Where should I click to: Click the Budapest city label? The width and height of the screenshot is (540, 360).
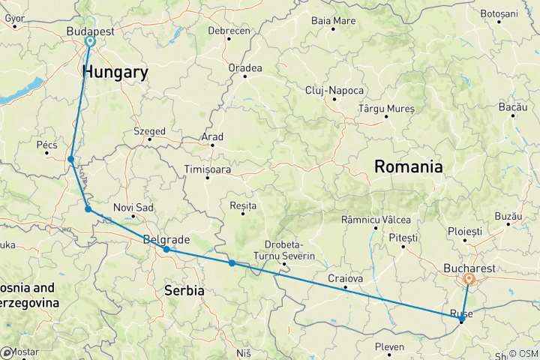tap(90, 31)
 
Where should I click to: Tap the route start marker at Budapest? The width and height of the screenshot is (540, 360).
tap(90, 42)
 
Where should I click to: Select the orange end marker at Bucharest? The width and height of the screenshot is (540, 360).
tap(469, 280)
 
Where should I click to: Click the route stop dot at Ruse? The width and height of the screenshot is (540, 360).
tap(461, 320)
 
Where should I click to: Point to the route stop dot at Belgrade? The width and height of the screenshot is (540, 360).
tap(166, 249)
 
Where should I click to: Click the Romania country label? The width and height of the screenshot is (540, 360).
tap(409, 166)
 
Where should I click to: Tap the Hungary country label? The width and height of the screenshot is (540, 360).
tap(115, 72)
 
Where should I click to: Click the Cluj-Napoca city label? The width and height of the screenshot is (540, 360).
tap(334, 91)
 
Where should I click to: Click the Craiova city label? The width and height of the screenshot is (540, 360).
tap(346, 277)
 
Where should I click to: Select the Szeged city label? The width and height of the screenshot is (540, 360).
tap(149, 131)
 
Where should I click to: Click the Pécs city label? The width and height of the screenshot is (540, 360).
tap(46, 144)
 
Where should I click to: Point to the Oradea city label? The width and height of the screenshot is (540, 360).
tap(245, 68)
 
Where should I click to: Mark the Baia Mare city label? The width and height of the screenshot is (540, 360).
tap(333, 20)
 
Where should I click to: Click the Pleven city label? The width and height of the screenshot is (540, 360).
tap(390, 347)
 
